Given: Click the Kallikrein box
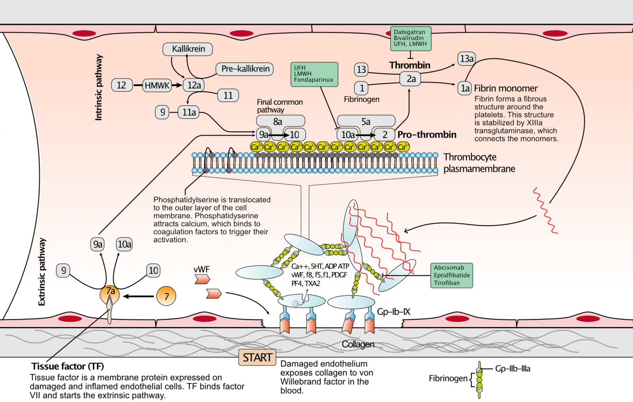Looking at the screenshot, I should [188, 49].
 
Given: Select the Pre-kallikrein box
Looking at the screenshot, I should [245, 69].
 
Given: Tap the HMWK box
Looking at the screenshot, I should [157, 85].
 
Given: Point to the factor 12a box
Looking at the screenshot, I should [194, 85].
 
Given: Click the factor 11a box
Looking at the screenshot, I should [189, 112].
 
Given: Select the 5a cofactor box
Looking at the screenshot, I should [366, 121].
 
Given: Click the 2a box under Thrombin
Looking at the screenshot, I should [410, 79].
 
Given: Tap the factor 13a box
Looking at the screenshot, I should [467, 59].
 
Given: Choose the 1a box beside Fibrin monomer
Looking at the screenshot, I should [465, 88].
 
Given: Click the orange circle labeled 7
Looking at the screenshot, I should [166, 296].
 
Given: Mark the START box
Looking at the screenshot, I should [257, 357].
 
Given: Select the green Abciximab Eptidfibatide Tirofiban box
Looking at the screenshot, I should [452, 275].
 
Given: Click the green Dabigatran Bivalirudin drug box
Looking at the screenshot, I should [410, 38].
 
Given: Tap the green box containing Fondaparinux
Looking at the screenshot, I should [314, 74].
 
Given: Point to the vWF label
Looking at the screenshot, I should [202, 269].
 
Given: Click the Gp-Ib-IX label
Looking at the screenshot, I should [394, 312].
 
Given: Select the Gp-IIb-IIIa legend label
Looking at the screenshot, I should [513, 369].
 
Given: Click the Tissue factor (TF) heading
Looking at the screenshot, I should [68, 366].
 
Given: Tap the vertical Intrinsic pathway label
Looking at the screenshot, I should [98, 87].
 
